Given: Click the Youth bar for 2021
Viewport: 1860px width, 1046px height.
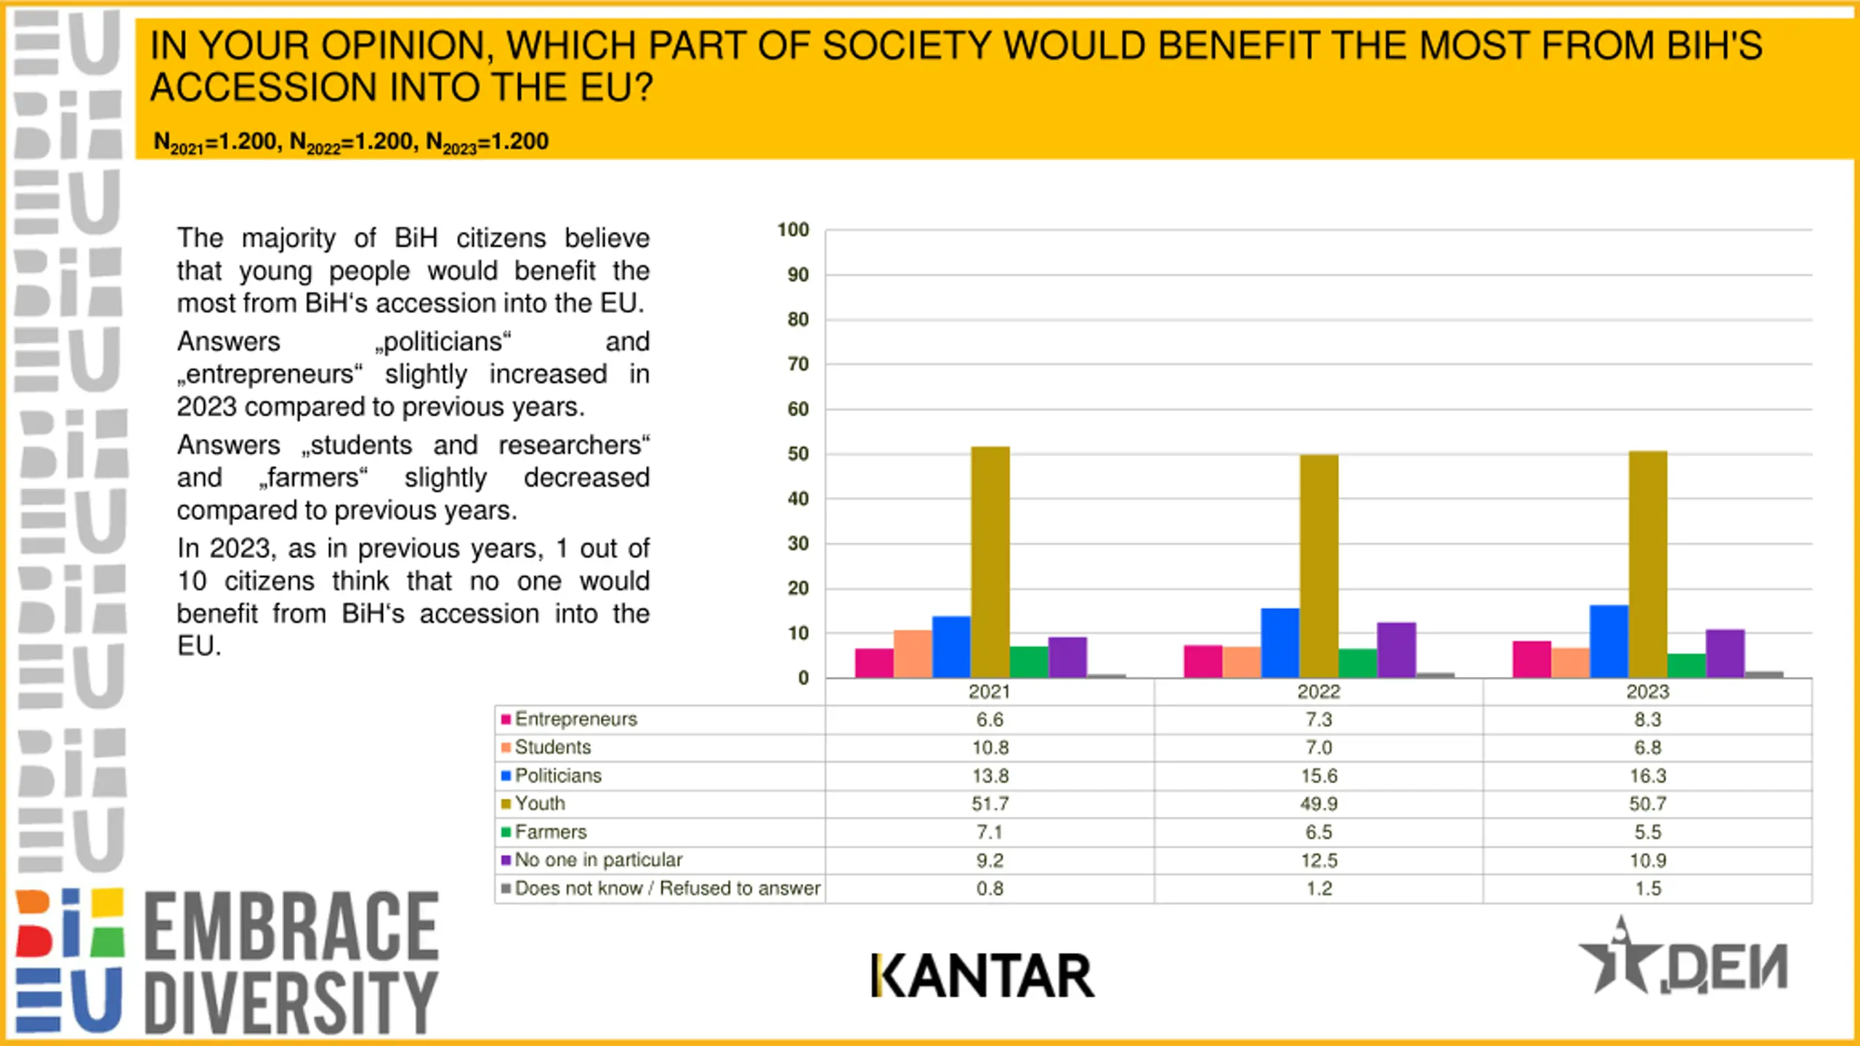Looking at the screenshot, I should (x=990, y=563).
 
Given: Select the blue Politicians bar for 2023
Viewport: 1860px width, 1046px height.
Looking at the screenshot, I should (x=1609, y=641).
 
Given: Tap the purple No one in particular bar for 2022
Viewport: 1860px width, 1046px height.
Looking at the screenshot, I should (x=1396, y=650).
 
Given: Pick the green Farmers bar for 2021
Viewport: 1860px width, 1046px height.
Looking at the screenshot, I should (x=1029, y=662).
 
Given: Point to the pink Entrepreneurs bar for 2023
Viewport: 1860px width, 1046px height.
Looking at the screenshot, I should (x=1532, y=660).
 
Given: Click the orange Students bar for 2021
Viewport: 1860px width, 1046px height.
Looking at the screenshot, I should (x=913, y=654).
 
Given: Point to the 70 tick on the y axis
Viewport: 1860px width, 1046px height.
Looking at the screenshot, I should (x=798, y=364).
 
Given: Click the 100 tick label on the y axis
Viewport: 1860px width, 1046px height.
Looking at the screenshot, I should (x=793, y=230).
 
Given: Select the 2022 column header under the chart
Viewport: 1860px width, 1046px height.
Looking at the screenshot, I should (x=1318, y=692).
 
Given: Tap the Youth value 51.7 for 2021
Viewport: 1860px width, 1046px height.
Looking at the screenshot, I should (x=990, y=803).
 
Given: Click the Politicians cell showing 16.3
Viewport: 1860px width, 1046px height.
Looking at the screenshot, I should (x=1647, y=776).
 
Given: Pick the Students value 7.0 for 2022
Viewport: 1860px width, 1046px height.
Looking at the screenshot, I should (x=1318, y=747).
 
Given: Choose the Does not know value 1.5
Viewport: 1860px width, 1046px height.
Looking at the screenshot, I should (x=1647, y=888).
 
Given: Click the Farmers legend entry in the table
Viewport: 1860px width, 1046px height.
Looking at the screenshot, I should (x=550, y=832).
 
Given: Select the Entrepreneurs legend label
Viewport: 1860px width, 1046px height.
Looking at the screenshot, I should (x=575, y=719).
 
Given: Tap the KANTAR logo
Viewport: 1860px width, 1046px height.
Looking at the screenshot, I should (x=982, y=976).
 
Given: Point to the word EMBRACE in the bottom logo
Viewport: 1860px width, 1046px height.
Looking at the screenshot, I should (x=291, y=926).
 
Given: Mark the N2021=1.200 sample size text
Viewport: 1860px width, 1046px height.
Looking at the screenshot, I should (x=216, y=142).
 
